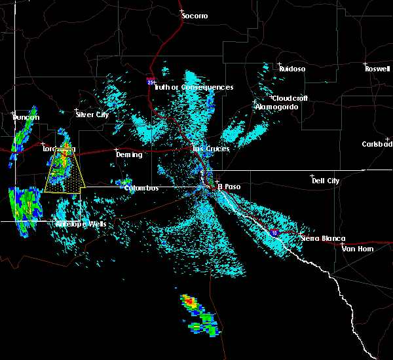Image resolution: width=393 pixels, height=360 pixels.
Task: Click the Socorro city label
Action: [194, 15]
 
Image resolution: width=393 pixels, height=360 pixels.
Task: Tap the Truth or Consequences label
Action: [194, 87]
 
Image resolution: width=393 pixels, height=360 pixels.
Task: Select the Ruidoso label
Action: [292, 68]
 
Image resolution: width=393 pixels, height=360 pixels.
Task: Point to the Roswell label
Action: [377, 68]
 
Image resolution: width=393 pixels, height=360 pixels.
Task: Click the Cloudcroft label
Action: [290, 98]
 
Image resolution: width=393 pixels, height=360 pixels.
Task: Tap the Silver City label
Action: [92, 115]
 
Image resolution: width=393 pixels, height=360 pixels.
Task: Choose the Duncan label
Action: [26, 117]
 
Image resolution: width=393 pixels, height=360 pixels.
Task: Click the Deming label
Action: [128, 154]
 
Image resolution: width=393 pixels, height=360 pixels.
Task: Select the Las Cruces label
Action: [211, 149]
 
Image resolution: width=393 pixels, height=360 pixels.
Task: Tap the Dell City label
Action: [326, 181]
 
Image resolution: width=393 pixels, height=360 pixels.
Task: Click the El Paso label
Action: [229, 187]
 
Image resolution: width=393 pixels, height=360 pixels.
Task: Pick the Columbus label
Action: [141, 188]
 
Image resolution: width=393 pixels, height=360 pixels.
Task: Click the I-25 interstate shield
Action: [151, 81]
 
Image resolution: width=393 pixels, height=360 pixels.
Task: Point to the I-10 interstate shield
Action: [273, 232]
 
